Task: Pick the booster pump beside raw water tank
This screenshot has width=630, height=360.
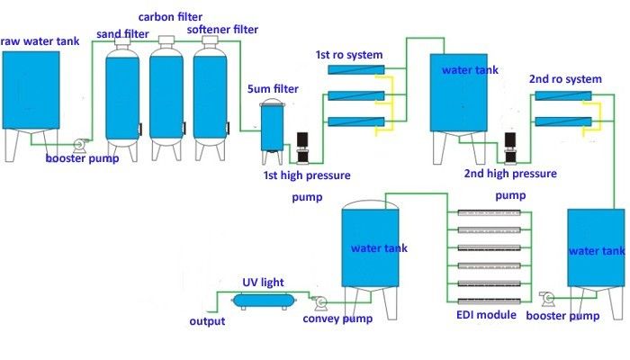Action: [80, 144]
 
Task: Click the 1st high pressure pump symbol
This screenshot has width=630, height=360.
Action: [304, 148]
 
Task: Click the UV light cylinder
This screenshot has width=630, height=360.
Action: [263, 301]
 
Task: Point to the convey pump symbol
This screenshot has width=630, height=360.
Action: [319, 302]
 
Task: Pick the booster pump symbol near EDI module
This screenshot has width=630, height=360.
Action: [546, 299]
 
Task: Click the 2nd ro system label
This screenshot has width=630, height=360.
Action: [565, 79]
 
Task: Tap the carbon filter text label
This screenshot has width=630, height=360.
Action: [170, 16]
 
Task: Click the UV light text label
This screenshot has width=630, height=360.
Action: [262, 282]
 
